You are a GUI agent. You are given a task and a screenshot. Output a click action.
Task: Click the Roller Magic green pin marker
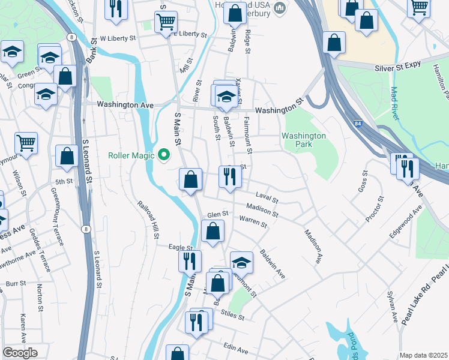point(164,155)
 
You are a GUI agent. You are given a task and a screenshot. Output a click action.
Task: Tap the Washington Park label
point(304,140)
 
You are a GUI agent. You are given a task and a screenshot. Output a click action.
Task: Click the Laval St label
point(267,198)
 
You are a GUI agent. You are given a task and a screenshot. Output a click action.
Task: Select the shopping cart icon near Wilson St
point(26,143)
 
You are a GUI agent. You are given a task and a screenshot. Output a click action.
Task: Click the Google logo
point(20,353)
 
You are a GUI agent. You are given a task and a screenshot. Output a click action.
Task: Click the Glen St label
point(218,214)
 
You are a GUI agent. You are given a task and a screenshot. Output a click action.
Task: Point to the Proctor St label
point(373,208)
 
